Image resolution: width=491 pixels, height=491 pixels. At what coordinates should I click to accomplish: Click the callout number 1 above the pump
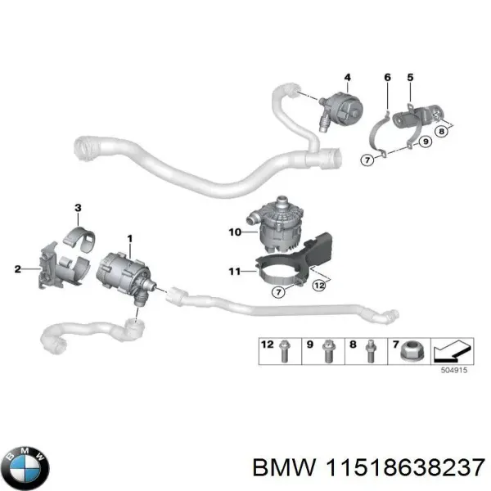pos(128,238)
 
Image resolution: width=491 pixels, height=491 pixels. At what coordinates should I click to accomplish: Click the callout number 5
pos(411,78)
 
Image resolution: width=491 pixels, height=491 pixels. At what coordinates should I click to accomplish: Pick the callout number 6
pos(387,78)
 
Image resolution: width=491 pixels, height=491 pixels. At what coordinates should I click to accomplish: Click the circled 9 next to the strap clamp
pos(425,142)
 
